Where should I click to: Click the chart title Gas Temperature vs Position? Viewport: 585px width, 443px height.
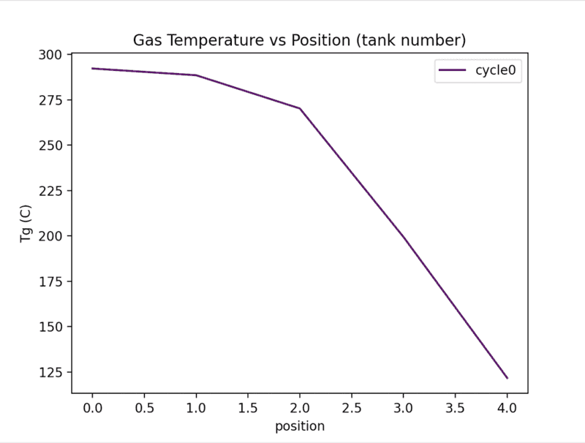click(x=299, y=39)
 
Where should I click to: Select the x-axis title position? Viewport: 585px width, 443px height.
click(x=300, y=426)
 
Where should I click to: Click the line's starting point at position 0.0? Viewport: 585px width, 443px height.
click(x=92, y=69)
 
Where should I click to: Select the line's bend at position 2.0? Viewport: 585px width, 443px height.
click(x=300, y=108)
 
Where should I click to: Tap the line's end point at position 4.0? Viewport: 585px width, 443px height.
click(x=507, y=378)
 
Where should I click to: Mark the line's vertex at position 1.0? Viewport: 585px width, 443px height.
click(x=196, y=75)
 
